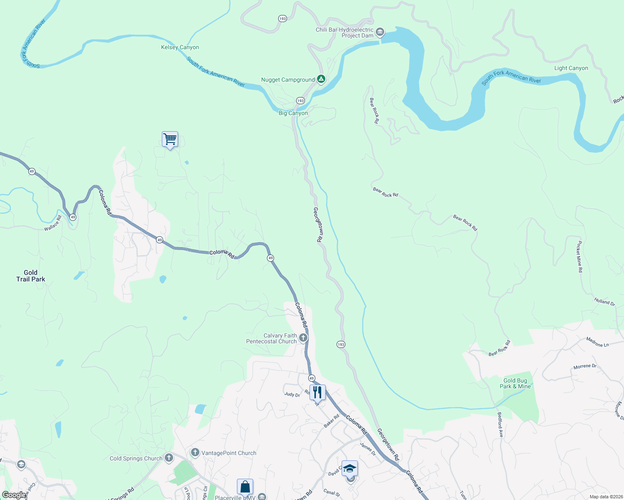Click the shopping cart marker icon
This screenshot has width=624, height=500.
(x=170, y=139)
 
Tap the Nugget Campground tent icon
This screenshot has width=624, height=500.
(x=321, y=79)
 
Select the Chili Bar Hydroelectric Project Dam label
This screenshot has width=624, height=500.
(x=345, y=32)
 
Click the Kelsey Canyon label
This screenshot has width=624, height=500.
(x=180, y=47)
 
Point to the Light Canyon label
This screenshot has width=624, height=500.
(x=571, y=68)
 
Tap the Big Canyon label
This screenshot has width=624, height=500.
(x=293, y=113)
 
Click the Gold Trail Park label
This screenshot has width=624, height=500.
(x=30, y=276)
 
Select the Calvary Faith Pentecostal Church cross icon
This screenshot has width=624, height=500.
(x=303, y=338)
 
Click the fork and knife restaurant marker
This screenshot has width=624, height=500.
(x=317, y=392)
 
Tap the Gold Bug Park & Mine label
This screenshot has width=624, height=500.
(x=515, y=383)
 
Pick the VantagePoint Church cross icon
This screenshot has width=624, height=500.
(x=195, y=452)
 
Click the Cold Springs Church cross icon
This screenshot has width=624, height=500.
(x=169, y=458)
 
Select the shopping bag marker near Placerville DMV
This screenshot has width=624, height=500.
(x=245, y=487)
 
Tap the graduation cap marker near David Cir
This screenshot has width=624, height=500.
(x=350, y=468)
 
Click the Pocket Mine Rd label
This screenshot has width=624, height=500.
(x=579, y=257)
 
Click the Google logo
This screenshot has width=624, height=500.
(x=14, y=495)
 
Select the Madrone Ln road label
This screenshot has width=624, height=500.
(x=597, y=342)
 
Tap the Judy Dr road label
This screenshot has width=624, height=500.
(x=292, y=394)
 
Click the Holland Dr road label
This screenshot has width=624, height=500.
(x=604, y=302)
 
